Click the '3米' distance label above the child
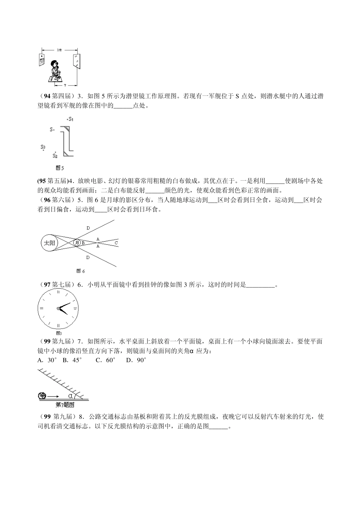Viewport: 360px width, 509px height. (x=59, y=50)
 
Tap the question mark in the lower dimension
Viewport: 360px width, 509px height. (x=65, y=85)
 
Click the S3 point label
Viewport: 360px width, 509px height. (x=43, y=147)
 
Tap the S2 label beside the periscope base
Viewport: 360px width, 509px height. (x=55, y=155)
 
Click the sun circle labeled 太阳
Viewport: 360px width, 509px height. (x=49, y=243)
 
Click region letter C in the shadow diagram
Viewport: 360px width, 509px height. (x=116, y=242)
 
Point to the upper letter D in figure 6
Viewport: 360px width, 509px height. (x=88, y=228)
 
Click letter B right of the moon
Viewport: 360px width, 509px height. (x=83, y=243)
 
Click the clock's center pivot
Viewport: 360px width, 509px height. (x=58, y=309)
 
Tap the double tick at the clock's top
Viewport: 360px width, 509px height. (x=58, y=292)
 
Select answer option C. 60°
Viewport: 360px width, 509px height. (x=105, y=360)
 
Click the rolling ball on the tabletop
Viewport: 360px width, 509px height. (x=42, y=396)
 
